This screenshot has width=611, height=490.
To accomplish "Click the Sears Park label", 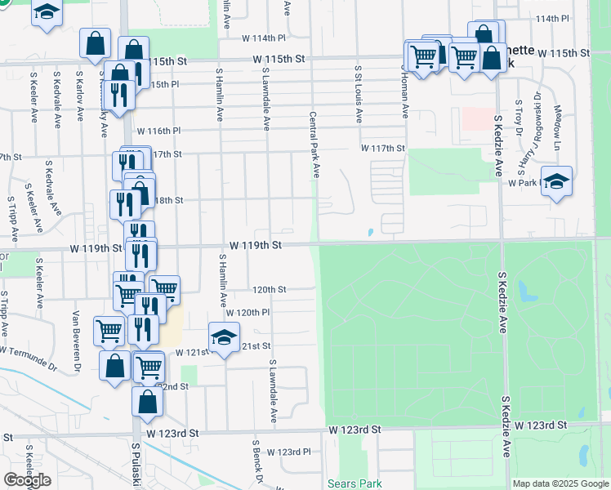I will coord(354,483).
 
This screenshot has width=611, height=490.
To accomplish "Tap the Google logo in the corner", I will coord(27,480).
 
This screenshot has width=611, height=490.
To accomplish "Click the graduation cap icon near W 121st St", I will coord(224,337).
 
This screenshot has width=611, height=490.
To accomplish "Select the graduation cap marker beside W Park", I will coord(556,181).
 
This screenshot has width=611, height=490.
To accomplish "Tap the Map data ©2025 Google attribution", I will coord(560,483).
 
